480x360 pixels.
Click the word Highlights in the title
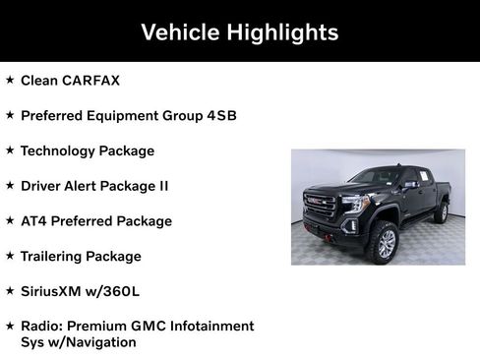coord(281,32)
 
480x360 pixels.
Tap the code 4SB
coord(222,116)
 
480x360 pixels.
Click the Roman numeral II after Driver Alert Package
coord(162,186)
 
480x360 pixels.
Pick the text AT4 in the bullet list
coord(33,221)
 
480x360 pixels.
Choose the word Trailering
coord(52,257)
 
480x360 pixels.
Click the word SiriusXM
coord(52,292)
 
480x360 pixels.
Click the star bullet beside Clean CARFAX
coord(10,80)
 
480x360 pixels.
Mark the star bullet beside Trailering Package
coord(10,256)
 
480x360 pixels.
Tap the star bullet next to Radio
coord(10,325)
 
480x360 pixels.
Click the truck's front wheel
coord(385,242)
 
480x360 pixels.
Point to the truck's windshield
coord(374,177)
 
